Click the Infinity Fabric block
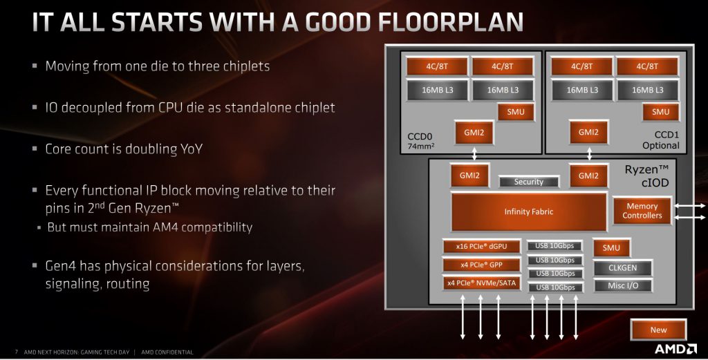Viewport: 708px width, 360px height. click(529, 211)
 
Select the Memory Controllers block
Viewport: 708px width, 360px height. click(642, 211)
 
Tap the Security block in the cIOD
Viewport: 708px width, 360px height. click(529, 182)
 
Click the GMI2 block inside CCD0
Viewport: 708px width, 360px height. click(474, 133)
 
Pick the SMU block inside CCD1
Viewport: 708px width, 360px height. click(660, 112)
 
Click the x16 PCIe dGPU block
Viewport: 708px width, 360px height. click(481, 246)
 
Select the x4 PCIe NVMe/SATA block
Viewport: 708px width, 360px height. click(481, 283)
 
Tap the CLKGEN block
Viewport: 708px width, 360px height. click(623, 267)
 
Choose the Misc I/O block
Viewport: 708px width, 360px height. click(623, 285)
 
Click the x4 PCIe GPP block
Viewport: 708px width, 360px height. click(481, 265)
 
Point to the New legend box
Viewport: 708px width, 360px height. click(658, 330)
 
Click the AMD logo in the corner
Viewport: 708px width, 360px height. click(676, 349)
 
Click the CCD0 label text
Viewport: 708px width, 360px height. click(420, 136)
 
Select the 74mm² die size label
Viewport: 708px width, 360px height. click(421, 146)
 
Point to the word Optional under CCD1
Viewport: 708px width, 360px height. click(660, 145)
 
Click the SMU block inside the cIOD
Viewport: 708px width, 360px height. click(611, 247)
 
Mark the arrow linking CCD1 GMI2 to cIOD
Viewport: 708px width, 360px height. click(589, 153)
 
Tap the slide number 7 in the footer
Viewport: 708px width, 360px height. click(17, 352)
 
